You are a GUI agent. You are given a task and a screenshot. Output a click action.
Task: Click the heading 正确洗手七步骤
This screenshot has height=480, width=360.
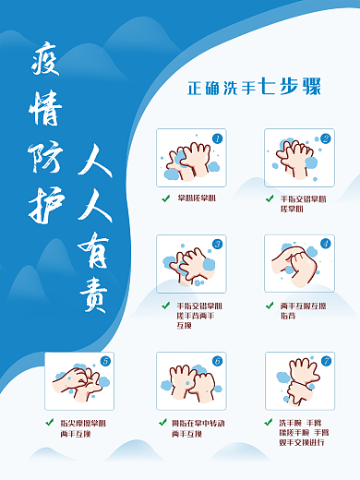pyautogui.click(x=253, y=90)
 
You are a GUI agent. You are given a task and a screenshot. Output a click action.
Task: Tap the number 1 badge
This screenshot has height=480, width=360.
pyautogui.click(x=217, y=138)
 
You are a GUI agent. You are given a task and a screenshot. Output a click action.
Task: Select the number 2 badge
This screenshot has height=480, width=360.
pyautogui.click(x=325, y=138)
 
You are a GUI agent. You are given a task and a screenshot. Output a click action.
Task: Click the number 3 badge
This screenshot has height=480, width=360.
pyautogui.click(x=217, y=245)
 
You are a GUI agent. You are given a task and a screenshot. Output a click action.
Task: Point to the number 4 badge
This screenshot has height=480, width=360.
pyautogui.click(x=325, y=245)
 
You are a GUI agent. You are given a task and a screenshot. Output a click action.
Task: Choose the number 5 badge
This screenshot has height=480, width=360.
pyautogui.click(x=104, y=361)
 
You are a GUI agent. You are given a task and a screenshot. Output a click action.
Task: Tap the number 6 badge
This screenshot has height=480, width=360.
pyautogui.click(x=217, y=361)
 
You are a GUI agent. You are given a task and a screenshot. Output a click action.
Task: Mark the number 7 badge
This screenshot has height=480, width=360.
pyautogui.click(x=325, y=361)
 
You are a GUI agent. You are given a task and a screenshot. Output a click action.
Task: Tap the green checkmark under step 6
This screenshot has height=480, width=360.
pyautogui.click(x=162, y=422)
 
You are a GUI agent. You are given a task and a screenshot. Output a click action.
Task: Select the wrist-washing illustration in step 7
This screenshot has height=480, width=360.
pyautogui.click(x=293, y=380)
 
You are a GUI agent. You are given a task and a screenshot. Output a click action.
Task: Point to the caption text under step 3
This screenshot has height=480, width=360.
pyautogui.click(x=199, y=315)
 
